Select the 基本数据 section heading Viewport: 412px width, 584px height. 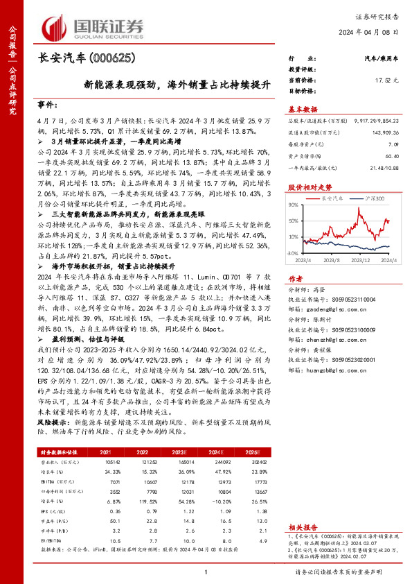click(303, 109)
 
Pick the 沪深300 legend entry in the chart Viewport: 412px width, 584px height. click(375, 198)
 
